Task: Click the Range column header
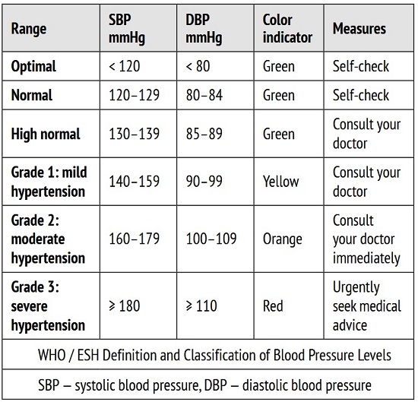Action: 29,29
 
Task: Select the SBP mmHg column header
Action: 127,29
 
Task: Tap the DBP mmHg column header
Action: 204,29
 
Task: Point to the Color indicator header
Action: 287,29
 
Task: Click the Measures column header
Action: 359,29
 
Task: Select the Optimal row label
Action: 33,66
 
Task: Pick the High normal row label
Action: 46,134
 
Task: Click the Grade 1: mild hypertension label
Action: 49,182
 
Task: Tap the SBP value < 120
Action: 124,66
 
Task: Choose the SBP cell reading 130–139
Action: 134,134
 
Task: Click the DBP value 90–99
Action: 204,182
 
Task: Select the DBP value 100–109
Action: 211,239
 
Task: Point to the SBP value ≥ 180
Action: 124,305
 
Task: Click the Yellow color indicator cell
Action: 281,182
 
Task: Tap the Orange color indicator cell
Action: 283,239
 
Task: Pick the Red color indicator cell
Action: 273,305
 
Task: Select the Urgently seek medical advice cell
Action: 367,306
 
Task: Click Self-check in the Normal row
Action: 361,95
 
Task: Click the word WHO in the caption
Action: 52,355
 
